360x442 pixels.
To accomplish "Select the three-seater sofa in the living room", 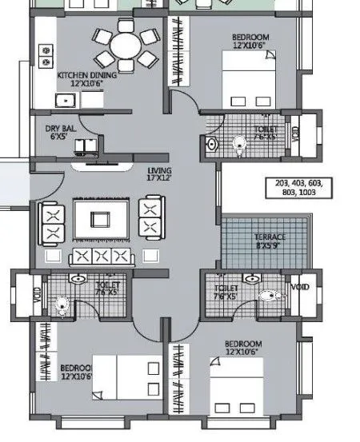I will tap(99, 256).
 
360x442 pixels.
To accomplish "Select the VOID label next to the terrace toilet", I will tap(300, 287).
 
